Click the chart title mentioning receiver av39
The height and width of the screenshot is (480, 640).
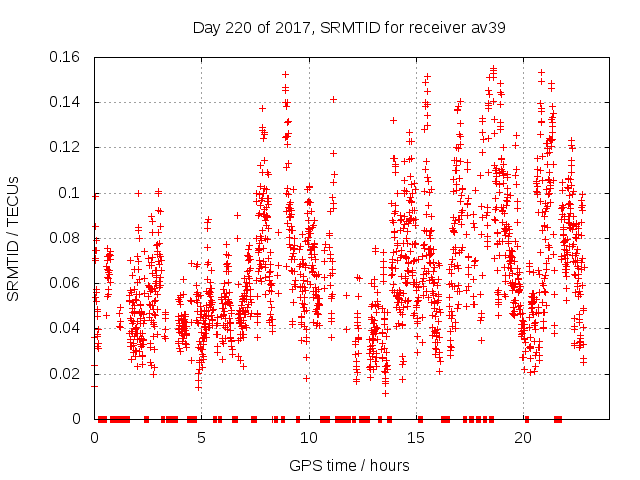point(348,27)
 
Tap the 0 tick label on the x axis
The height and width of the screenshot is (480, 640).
point(94,437)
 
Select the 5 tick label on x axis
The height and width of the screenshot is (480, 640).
point(201,437)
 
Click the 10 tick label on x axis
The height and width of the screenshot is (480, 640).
point(308,437)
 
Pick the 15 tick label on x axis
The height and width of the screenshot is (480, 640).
point(415,437)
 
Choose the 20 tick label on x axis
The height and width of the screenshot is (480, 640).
point(522,437)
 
